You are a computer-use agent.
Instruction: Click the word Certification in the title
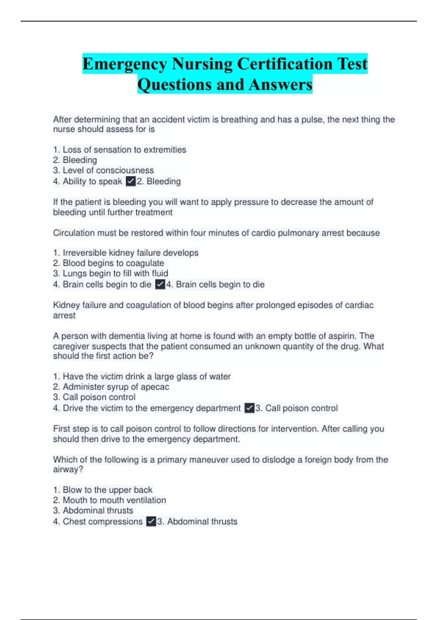coord(285,64)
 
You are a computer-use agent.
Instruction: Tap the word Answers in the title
coord(280,85)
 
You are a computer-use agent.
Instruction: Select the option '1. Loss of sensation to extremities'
coord(120,150)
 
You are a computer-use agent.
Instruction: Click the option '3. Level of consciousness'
coord(104,170)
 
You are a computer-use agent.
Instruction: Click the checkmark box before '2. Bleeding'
coord(131,181)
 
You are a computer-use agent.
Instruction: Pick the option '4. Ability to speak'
coord(88,181)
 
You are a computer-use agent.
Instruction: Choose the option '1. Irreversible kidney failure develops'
coord(126,253)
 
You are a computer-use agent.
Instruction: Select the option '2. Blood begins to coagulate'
coord(109,263)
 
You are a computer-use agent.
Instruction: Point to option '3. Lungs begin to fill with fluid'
coord(111,273)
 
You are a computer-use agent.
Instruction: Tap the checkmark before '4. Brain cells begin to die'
coord(160,284)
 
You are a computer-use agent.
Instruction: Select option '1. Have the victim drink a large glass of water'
coord(142,376)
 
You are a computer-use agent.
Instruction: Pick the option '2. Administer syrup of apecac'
coord(111,387)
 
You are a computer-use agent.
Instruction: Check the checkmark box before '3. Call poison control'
coord(249,408)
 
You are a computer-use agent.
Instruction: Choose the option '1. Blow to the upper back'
coord(103,490)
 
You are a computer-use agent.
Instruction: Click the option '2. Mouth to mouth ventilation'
coord(110,500)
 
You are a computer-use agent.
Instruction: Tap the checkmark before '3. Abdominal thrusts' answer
coord(151,522)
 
